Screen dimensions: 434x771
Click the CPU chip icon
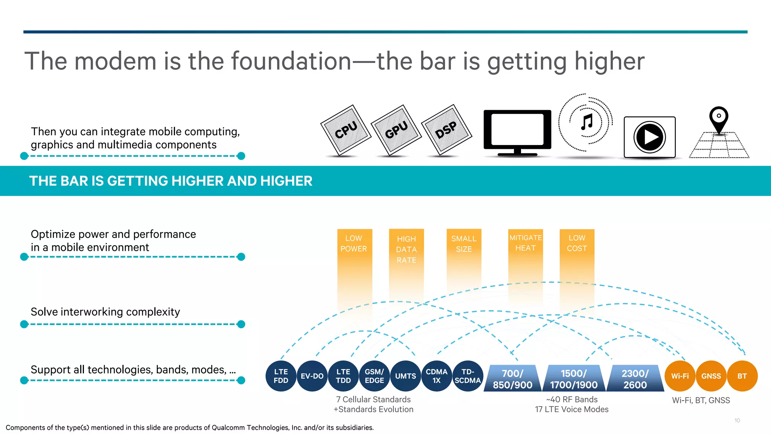coord(346,130)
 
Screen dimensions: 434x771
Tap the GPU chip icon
coord(396,130)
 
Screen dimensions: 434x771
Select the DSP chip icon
coord(446,130)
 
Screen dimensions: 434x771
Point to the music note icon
coord(587,122)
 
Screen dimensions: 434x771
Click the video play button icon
coord(649,137)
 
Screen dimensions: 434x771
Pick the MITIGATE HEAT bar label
coord(526,243)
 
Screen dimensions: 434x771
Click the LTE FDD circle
coord(281,376)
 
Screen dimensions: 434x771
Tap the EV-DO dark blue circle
coord(312,376)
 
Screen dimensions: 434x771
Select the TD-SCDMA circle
coord(468,376)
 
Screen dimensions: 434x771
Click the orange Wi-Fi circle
coord(680,376)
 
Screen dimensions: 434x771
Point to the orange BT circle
coord(742,376)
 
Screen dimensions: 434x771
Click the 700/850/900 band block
coord(512,379)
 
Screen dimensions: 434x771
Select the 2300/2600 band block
coord(635,379)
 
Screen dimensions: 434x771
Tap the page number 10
coord(737,420)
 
